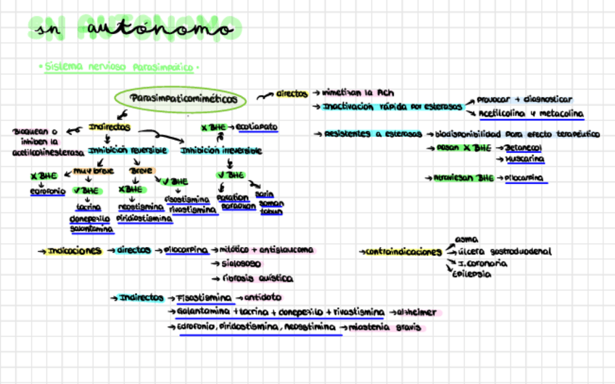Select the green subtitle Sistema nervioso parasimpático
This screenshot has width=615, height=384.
[119, 67]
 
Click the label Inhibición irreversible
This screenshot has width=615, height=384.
[220, 151]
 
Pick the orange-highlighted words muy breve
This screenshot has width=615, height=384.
[90, 171]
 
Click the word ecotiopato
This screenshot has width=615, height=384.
[257, 127]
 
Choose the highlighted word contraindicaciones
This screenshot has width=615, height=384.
[403, 252]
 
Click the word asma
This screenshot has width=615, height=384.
[466, 238]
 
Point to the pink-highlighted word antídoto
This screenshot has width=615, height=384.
[263, 298]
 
